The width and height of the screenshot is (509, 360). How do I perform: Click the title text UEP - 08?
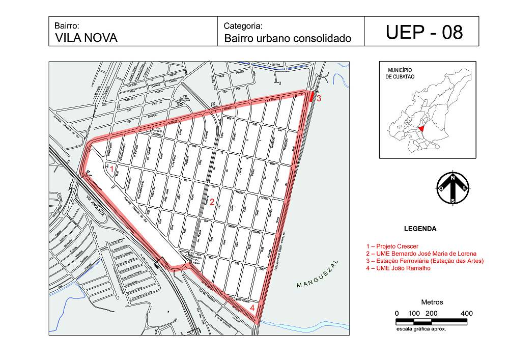coord(424,32)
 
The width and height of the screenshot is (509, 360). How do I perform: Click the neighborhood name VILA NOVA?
coord(86,38)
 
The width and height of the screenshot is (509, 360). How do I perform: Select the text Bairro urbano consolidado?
coord(288,38)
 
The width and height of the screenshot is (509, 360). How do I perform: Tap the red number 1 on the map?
coord(112,170)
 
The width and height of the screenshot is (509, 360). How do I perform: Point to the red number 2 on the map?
coord(212,202)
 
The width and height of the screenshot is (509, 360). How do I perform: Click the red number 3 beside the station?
coord(319,98)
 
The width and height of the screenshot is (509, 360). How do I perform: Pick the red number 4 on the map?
coord(252,308)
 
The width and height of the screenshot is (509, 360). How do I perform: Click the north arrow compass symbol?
coord(453,187)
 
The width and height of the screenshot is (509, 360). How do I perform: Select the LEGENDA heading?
coord(419,229)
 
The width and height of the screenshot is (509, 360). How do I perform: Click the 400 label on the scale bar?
coord(466,313)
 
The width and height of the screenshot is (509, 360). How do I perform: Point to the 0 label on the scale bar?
coord(397,313)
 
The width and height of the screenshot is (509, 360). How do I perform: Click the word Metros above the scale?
coord(432,302)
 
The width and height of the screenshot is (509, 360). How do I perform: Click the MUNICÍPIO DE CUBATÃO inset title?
coord(400,73)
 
